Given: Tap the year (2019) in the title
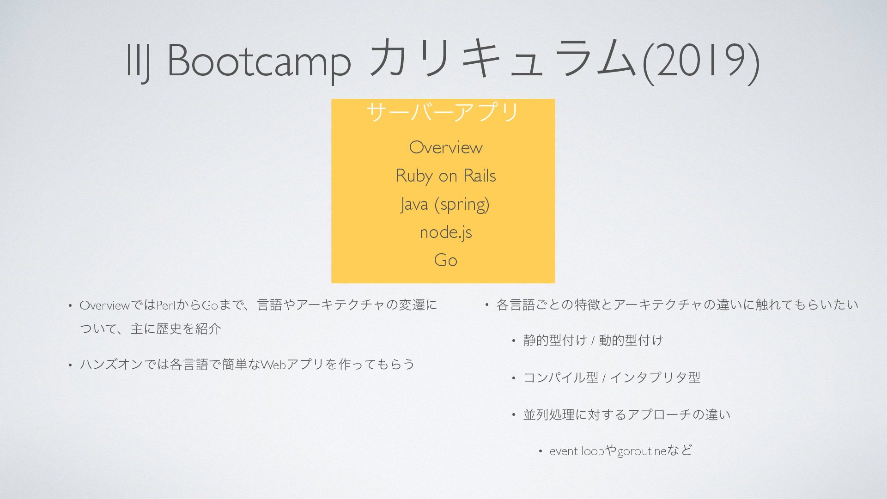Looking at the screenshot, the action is (701, 60).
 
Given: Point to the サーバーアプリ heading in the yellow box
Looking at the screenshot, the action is (443, 112).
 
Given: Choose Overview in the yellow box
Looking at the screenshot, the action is (446, 147).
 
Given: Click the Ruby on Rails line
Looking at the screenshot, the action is (446, 176).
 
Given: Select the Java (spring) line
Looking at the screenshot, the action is (445, 204).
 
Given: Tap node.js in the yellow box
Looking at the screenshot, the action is (446, 232).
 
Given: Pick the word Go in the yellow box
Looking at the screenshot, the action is (446, 260).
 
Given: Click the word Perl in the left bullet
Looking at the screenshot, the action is (166, 305).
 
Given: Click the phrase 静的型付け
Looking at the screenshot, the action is (555, 341).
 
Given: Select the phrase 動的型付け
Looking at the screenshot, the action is (631, 341).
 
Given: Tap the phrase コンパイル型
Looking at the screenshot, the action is (561, 378).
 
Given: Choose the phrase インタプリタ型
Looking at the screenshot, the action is (656, 378).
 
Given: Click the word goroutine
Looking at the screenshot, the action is (642, 451).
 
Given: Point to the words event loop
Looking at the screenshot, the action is (577, 451).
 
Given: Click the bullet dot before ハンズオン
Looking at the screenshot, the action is (70, 365).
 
